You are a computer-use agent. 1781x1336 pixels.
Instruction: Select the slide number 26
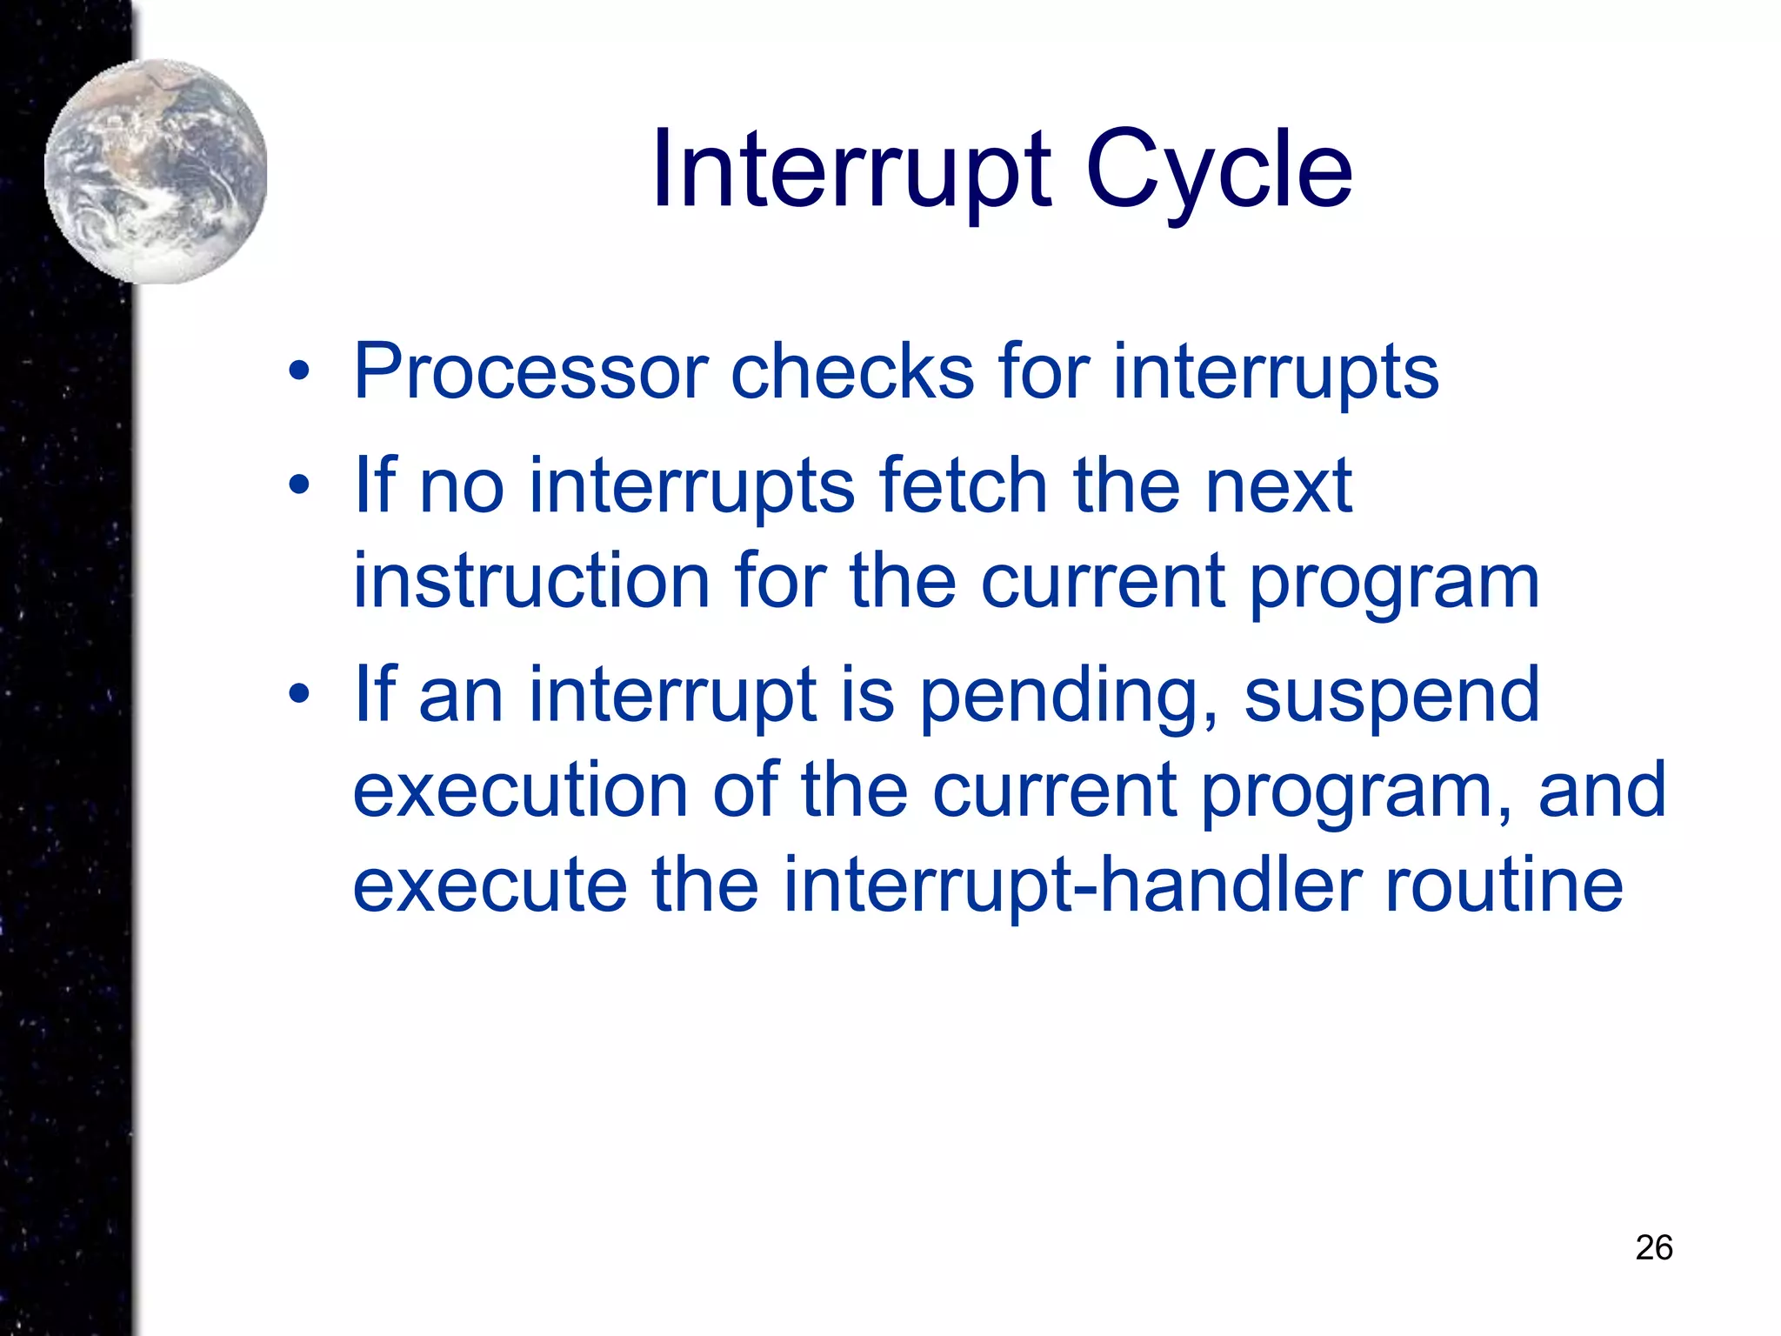point(1653,1247)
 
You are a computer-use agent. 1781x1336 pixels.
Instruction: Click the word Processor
point(530,372)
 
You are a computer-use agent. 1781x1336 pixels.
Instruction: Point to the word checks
point(852,372)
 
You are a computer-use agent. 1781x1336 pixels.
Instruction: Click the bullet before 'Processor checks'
point(299,372)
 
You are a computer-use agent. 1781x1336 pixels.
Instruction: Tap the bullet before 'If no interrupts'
point(299,485)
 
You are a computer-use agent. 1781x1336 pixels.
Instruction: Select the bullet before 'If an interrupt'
point(299,694)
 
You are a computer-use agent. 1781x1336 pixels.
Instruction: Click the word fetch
point(963,485)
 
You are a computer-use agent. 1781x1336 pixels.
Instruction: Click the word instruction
point(531,581)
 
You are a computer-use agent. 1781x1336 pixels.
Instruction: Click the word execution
point(520,790)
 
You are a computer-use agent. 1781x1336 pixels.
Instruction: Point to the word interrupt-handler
point(1071,885)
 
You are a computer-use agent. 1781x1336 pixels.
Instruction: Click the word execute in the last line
point(490,885)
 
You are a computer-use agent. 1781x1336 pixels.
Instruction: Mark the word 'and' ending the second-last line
point(1602,790)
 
